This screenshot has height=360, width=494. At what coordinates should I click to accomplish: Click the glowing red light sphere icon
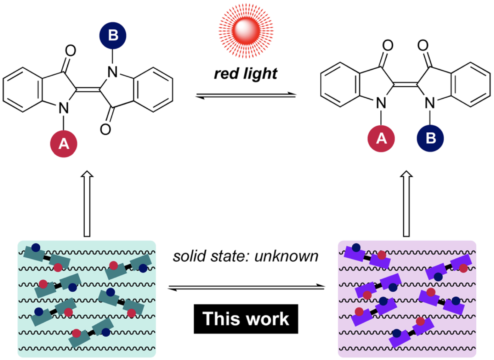(x=246, y=31)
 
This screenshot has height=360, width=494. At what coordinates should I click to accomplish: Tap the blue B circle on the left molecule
(x=113, y=35)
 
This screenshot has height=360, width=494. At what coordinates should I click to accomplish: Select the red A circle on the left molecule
(x=64, y=144)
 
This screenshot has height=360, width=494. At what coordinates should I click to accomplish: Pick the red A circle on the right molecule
(x=381, y=138)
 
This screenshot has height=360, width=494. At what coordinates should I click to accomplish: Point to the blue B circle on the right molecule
(x=430, y=138)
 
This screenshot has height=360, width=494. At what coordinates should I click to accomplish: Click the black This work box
(x=246, y=319)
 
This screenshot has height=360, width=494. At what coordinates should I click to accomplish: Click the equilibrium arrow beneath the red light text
(x=246, y=96)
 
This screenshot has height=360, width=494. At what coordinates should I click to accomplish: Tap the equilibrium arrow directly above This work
(x=246, y=287)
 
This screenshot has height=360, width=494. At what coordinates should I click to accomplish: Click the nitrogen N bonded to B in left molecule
(x=113, y=72)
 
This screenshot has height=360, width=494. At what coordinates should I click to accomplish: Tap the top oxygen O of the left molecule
(x=70, y=51)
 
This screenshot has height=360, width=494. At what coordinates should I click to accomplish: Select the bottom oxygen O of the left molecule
(x=105, y=129)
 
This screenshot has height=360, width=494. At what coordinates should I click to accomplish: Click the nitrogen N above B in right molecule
(x=430, y=103)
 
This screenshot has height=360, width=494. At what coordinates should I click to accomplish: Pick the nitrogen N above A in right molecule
(x=381, y=103)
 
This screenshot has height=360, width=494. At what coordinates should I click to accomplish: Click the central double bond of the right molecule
(x=405, y=85)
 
